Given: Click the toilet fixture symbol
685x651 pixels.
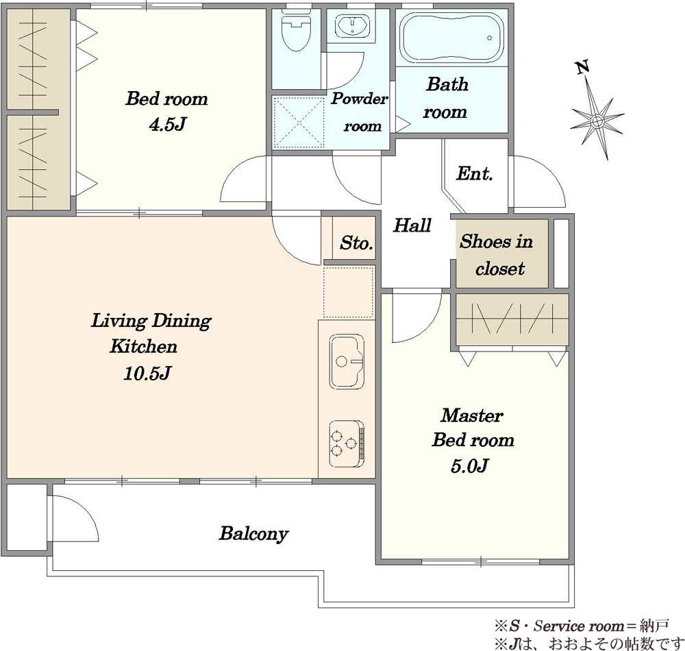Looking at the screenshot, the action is [x=297, y=31].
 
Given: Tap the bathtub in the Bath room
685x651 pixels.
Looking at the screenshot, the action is [x=451, y=38].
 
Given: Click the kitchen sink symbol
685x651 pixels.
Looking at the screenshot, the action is [x=347, y=362].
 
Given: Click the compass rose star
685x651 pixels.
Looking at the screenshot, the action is [x=597, y=119].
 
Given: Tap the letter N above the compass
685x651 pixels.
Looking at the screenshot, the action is [x=582, y=68].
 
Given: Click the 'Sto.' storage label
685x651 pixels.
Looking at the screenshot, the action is [x=356, y=243].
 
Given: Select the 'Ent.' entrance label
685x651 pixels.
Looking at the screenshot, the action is [x=475, y=174].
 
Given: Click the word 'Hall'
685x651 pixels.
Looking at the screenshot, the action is [x=412, y=225].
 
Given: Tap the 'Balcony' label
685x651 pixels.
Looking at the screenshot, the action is [x=253, y=534].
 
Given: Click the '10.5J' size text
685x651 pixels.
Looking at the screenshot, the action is [x=147, y=373].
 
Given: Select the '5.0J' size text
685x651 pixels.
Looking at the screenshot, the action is [x=469, y=466].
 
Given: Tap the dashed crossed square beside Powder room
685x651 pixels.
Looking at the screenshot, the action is [x=299, y=123].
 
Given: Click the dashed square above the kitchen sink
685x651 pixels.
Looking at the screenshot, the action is [x=349, y=291].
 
